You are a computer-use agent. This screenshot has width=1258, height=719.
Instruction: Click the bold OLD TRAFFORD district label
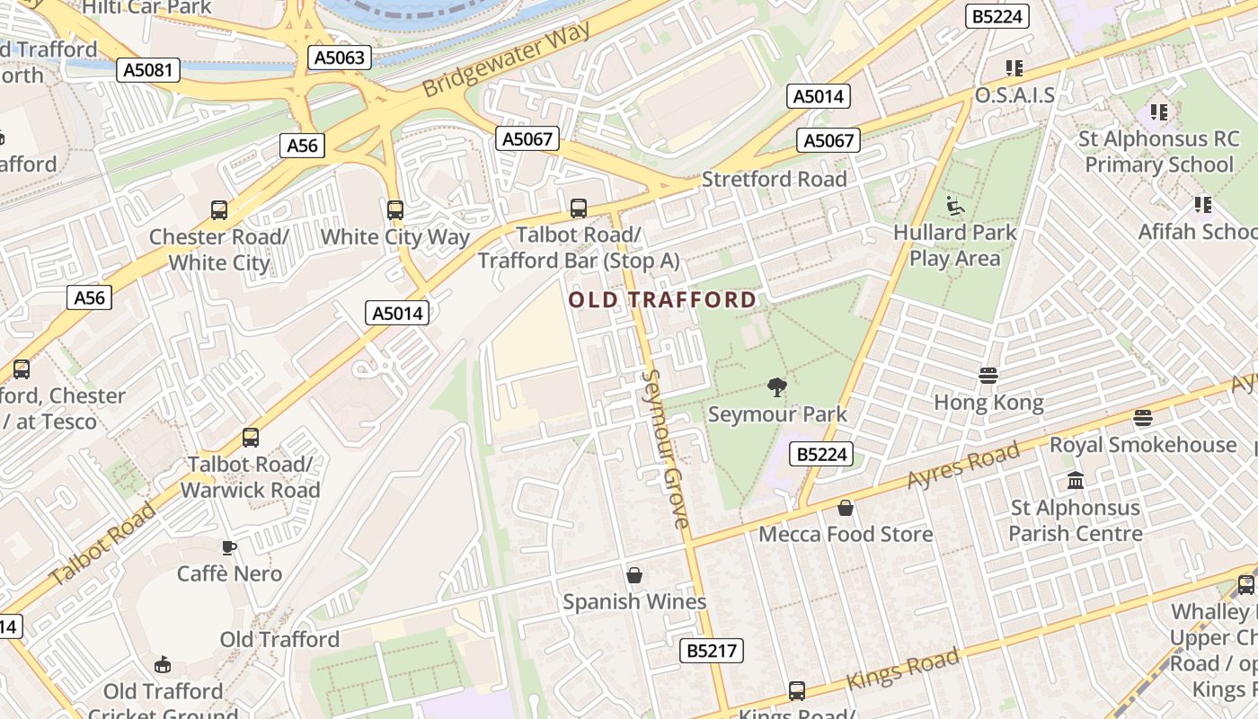(663, 299)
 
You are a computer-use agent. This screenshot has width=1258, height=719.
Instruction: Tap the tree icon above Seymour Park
(777, 387)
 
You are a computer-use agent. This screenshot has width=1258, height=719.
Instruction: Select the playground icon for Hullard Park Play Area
(955, 207)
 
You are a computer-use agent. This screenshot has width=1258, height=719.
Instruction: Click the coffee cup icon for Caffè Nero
(229, 547)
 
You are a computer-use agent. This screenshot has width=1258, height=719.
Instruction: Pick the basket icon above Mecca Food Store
(845, 509)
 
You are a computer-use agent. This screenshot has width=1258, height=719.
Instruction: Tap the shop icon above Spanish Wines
(634, 575)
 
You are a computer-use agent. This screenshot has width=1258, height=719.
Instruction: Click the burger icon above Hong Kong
(988, 376)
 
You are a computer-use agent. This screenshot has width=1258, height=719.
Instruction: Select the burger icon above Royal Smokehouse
(1143, 418)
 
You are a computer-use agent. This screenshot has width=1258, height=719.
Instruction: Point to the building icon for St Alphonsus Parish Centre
(1076, 482)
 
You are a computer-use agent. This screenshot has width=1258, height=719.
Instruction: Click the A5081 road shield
(148, 70)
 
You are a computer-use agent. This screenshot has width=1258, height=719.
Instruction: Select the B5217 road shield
(713, 651)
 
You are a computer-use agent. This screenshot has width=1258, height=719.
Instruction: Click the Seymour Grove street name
(666, 448)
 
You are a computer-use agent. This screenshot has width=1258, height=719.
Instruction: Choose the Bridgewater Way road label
(508, 59)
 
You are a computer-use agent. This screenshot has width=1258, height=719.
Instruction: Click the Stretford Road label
(774, 179)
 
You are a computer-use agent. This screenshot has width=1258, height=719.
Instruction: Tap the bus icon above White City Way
(395, 210)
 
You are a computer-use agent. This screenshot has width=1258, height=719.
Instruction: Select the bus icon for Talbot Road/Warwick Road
(251, 438)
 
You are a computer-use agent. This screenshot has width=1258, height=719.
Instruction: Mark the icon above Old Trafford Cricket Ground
(163, 665)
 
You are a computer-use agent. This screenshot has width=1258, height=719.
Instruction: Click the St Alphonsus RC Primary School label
(1158, 152)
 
